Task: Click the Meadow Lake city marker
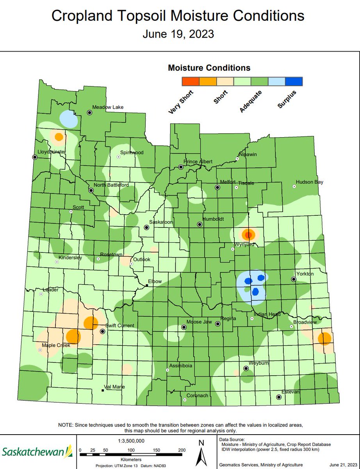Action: pos(89,113)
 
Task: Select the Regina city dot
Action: pos(218,324)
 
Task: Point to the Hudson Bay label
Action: pos(309,182)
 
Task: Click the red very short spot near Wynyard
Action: pos(248,235)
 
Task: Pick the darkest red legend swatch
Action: pos(191,81)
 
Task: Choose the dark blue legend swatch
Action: pos(294,81)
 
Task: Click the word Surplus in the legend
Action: pos(287,99)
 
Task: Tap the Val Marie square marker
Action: pos(102,390)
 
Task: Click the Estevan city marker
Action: pos(279,397)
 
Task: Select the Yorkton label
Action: pos(305,274)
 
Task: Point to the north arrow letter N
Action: pos(201,443)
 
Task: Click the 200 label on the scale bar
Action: pos(182,450)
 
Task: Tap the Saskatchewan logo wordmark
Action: pos(33,452)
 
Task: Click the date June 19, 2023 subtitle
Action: pos(178,34)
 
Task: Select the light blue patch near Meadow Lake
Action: pos(68,119)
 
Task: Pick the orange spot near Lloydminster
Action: pos(59,137)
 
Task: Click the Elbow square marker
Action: pos(147,286)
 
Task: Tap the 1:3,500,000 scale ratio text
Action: pos(131,440)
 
